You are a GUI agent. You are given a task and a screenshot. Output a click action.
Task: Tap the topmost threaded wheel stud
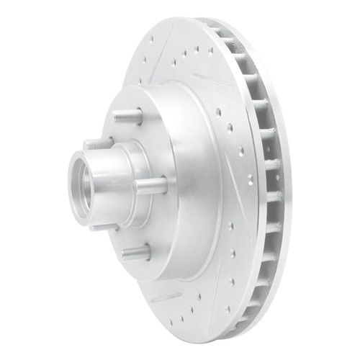click(x=127, y=114)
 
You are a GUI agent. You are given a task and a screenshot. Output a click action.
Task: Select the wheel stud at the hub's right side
click(x=150, y=186)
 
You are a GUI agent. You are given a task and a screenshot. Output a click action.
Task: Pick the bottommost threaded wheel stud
click(x=136, y=252)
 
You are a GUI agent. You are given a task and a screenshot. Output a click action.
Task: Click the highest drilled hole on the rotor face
click(x=210, y=51)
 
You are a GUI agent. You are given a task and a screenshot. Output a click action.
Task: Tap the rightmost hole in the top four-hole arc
click(x=210, y=51)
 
